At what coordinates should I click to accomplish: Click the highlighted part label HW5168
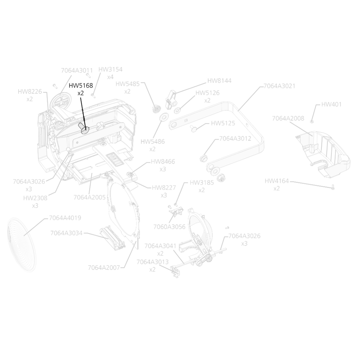coord(81,85)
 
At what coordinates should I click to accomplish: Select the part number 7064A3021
coord(279,86)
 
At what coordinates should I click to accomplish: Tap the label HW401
coord(331,104)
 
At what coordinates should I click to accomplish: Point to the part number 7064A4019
coord(65,218)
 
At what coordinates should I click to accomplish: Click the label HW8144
coord(219,81)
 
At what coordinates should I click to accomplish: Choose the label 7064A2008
coord(288,118)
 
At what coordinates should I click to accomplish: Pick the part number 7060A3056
coord(169,227)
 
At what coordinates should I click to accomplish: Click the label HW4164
coord(277,181)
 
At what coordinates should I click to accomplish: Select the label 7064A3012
coord(235,139)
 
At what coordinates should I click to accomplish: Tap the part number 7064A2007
coord(104,268)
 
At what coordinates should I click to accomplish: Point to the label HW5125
coord(223,123)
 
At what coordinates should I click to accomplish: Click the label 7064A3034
coord(66,233)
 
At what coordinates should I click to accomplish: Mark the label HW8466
coord(163,162)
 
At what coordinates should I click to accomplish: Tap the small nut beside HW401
coord(312,121)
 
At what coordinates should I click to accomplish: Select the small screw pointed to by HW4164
coord(333,187)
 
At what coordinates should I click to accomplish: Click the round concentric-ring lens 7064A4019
coord(21,245)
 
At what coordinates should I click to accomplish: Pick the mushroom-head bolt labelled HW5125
coord(194,129)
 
